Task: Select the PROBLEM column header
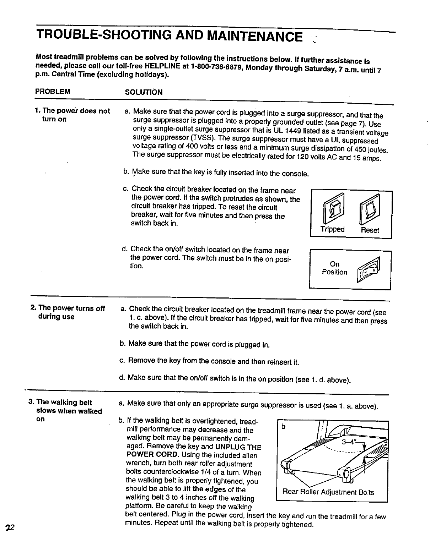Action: (x=53, y=92)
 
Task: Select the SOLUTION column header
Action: (x=144, y=92)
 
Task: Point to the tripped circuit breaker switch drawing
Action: (x=333, y=207)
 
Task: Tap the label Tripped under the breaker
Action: (x=332, y=229)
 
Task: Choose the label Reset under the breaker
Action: (x=370, y=230)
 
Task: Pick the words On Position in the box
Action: (x=334, y=268)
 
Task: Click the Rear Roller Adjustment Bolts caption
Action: (x=328, y=492)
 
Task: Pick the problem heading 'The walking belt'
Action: (x=64, y=402)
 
